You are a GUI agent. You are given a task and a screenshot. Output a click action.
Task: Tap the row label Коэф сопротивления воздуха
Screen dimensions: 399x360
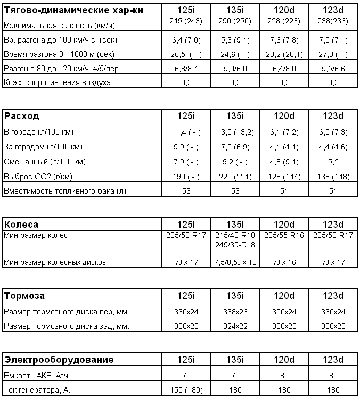pyautogui.click(x=57, y=82)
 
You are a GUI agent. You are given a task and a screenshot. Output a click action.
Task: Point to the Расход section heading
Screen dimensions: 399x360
pyautogui.click(x=22, y=116)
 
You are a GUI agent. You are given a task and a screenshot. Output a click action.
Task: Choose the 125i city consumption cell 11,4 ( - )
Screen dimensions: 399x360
pyautogui.click(x=186, y=131)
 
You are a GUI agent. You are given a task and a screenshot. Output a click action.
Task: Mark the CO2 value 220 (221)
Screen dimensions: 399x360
pyautogui.click(x=235, y=176)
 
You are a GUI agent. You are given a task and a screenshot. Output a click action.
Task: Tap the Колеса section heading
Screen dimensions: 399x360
pyautogui.click(x=21, y=224)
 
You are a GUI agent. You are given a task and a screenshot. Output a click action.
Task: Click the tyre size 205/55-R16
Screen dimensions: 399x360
pyautogui.click(x=283, y=235)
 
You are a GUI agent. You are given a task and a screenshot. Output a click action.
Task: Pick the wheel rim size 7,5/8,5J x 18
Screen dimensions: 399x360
pyautogui.click(x=235, y=262)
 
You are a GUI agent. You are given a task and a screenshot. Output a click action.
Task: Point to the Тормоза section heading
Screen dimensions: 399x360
pyautogui.click(x=24, y=296)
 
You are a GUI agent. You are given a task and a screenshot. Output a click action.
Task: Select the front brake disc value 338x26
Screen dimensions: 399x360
pyautogui.click(x=235, y=311)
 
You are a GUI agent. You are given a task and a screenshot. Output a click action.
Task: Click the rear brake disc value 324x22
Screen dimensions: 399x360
pyautogui.click(x=235, y=326)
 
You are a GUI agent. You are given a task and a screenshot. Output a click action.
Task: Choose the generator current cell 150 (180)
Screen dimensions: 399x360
pyautogui.click(x=186, y=390)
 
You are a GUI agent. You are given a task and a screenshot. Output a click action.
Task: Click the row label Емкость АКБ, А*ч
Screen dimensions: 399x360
pyautogui.click(x=37, y=375)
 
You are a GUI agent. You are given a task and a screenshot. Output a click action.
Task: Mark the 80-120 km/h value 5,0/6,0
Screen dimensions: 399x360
pyautogui.click(x=235, y=68)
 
